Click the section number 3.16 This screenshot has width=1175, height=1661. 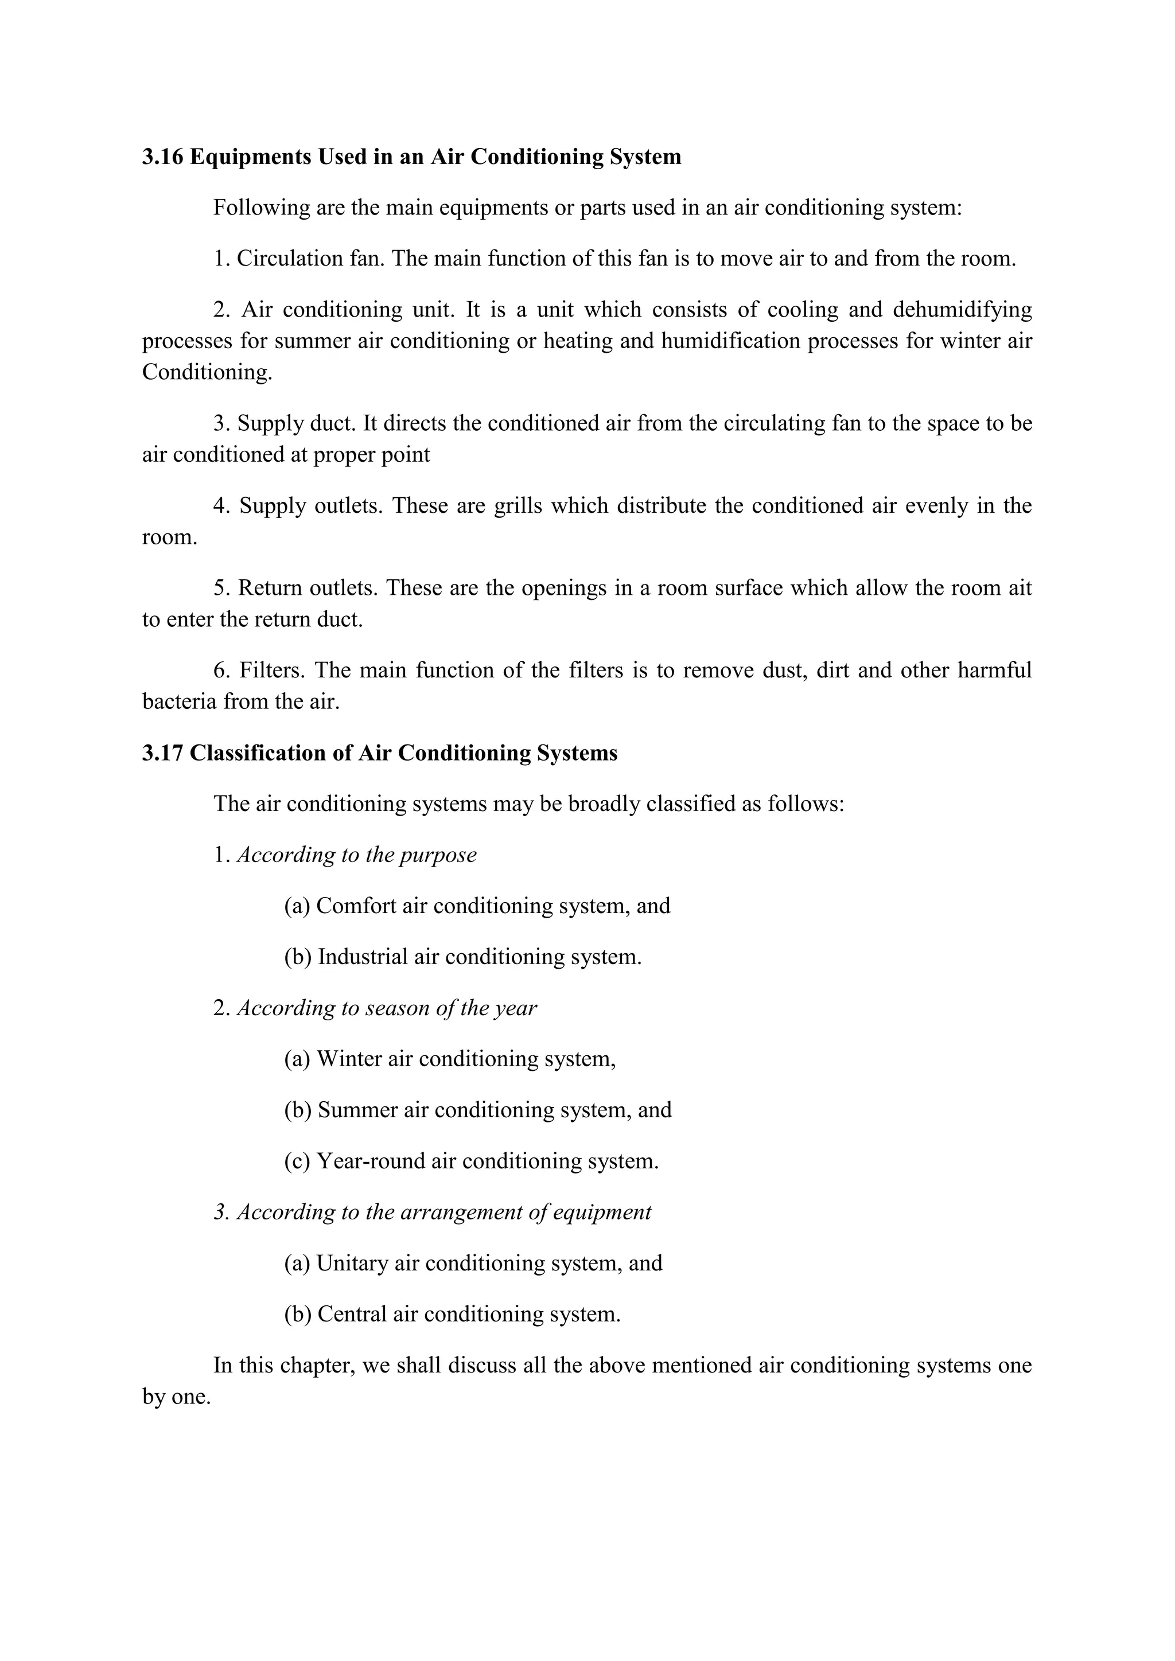point(163,157)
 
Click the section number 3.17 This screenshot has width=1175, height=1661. point(163,753)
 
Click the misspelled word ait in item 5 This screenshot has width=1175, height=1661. point(1020,588)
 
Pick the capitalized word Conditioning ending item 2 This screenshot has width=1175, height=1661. point(207,373)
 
